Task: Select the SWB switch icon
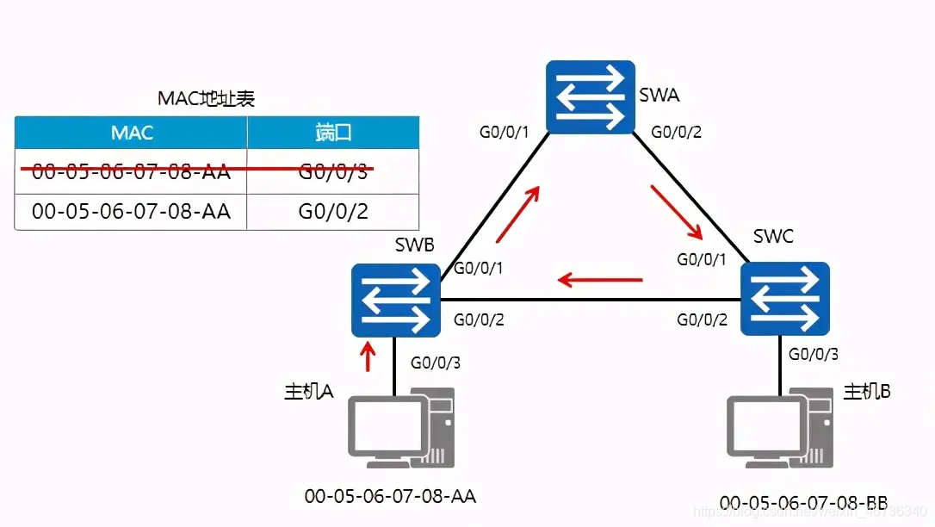point(395,301)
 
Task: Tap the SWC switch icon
point(784,300)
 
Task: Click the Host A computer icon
point(401,427)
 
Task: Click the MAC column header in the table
point(132,133)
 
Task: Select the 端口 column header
point(333,133)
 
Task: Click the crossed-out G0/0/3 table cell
point(333,171)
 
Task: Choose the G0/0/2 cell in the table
point(333,210)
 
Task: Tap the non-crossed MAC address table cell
point(132,210)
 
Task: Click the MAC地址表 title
point(207,98)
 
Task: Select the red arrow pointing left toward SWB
point(600,279)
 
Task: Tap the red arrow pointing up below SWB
point(368,356)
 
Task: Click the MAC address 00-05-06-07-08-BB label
point(803,502)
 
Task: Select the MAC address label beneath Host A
point(390,496)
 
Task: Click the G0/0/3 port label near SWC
point(814,354)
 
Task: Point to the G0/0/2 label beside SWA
point(676,132)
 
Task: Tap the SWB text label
point(414,245)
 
